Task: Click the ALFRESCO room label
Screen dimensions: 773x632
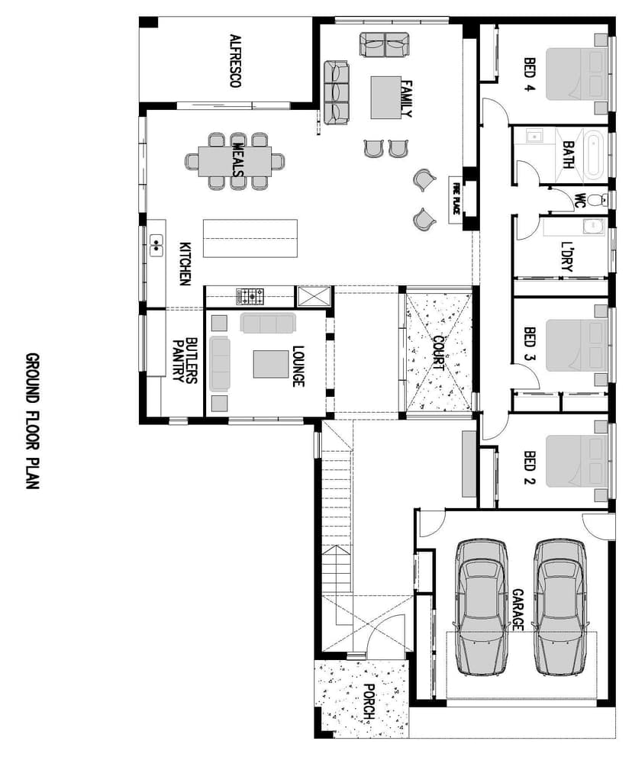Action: click(x=236, y=60)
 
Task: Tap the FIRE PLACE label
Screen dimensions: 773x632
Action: click(x=456, y=198)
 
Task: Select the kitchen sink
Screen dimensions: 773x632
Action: click(x=157, y=244)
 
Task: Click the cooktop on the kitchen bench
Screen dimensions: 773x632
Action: click(x=250, y=295)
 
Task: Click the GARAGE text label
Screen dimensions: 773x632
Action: click(x=518, y=609)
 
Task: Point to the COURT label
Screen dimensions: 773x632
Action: click(x=438, y=353)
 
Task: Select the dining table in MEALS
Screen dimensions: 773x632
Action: click(x=234, y=161)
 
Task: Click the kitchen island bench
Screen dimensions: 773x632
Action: click(x=250, y=239)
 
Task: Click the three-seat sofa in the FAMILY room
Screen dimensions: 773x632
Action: click(x=337, y=93)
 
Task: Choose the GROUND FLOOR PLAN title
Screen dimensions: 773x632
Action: click(x=32, y=420)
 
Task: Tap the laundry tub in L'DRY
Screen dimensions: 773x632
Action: click(x=593, y=227)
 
